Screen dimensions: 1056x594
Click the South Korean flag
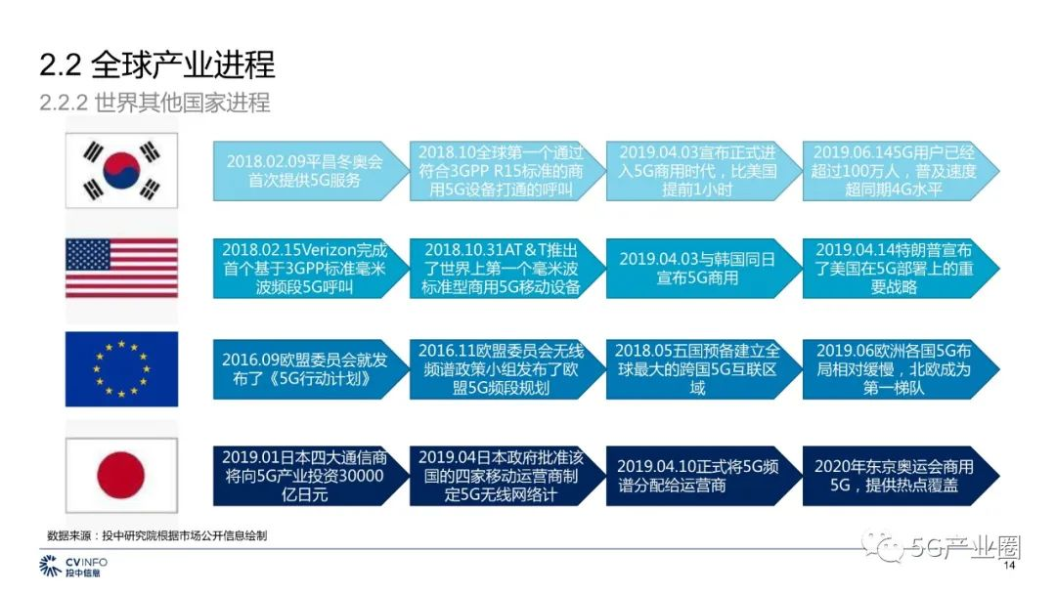pyautogui.click(x=121, y=170)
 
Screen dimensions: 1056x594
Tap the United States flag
pyautogui.click(x=121, y=268)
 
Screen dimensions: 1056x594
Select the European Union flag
pyautogui.click(x=121, y=368)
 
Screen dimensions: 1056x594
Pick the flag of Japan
pyautogui.click(x=121, y=475)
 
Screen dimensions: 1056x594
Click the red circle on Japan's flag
pyautogui.click(x=121, y=475)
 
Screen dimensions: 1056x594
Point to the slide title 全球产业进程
pyautogui.click(x=183, y=64)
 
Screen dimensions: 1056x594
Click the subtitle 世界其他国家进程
pyautogui.click(x=182, y=103)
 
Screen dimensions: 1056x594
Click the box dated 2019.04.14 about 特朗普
pyautogui.click(x=901, y=269)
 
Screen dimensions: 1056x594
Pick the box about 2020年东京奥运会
pyautogui.click(x=901, y=476)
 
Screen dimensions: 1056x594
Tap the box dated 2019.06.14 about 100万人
pyautogui.click(x=901, y=171)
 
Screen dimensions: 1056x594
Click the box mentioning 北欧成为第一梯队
pyautogui.click(x=901, y=369)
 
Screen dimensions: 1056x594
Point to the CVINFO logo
pyautogui.click(x=72, y=566)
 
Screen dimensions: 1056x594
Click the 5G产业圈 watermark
pyautogui.click(x=943, y=547)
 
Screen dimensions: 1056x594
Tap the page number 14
pyautogui.click(x=1009, y=565)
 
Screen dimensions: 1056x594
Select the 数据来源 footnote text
pyautogui.click(x=156, y=535)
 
